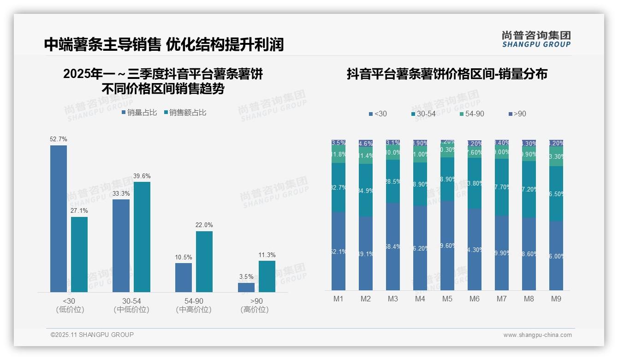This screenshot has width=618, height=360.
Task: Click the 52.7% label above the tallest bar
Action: coord(59,139)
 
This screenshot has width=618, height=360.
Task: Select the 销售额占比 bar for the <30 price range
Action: coord(79,254)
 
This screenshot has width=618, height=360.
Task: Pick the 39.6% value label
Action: coord(142,176)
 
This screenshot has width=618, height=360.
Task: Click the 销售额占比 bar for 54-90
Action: coord(204,261)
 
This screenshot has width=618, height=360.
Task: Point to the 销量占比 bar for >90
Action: coord(246,287)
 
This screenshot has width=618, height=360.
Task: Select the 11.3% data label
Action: coord(267,255)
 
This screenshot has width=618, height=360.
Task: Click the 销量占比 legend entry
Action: coord(139,113)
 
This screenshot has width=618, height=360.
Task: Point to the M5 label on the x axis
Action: coord(447,299)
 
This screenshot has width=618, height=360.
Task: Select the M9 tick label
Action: coord(556,299)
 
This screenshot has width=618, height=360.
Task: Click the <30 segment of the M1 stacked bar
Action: coord(339,251)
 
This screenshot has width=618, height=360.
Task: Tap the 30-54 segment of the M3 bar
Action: coord(393,181)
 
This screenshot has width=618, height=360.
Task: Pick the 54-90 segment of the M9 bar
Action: coord(556,156)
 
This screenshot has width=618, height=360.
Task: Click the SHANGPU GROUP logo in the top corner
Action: coord(536,39)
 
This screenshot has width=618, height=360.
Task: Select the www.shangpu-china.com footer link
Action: coord(537,335)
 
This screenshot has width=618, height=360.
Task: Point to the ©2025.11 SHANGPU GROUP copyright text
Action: coord(92,335)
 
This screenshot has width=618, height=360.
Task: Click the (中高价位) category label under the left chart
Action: coord(194,310)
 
